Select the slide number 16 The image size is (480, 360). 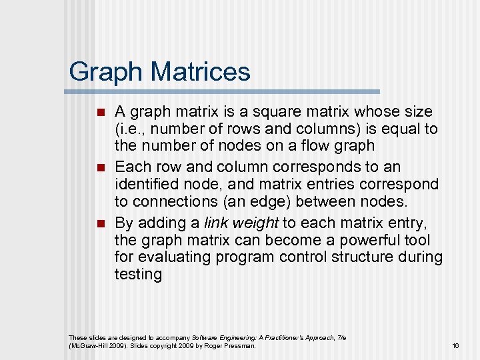455,346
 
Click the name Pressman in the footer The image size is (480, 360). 241,346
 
